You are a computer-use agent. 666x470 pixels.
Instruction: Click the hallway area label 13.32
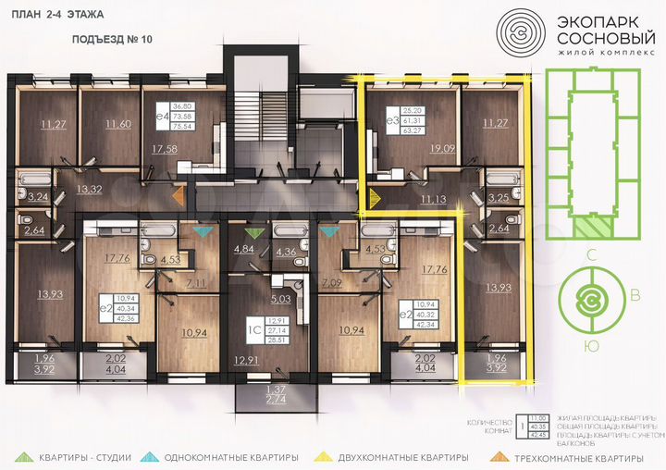(89, 190)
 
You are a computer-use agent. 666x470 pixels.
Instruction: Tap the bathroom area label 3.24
(38, 197)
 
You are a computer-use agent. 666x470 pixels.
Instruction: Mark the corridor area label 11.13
(433, 198)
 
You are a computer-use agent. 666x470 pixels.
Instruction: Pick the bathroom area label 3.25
(497, 198)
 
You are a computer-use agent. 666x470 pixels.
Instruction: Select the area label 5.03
(281, 299)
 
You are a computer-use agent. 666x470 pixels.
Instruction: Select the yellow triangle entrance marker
(374, 197)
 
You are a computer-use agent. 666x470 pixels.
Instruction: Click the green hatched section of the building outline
(589, 222)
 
